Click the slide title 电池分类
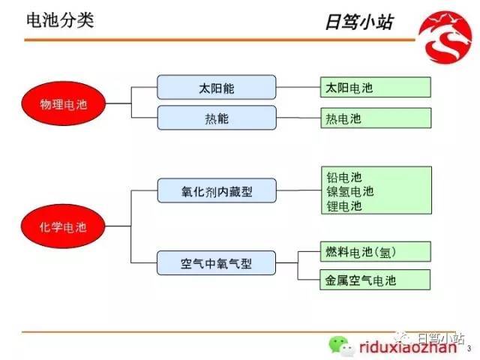click(60, 20)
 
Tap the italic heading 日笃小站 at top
click(358, 22)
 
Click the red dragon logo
click(445, 37)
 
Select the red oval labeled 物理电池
click(63, 103)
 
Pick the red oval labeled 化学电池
click(63, 226)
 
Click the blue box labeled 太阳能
click(217, 87)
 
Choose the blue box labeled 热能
click(217, 118)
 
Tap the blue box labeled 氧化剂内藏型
click(217, 190)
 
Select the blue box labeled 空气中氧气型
click(216, 262)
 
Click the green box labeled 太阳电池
click(376, 87)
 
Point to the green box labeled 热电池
click(376, 118)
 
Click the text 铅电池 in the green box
click(344, 178)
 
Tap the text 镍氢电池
click(350, 192)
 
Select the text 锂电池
click(344, 206)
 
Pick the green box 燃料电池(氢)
click(376, 252)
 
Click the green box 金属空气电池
click(375, 280)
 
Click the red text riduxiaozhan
click(408, 347)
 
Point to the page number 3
click(469, 349)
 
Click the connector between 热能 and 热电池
click(298, 118)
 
